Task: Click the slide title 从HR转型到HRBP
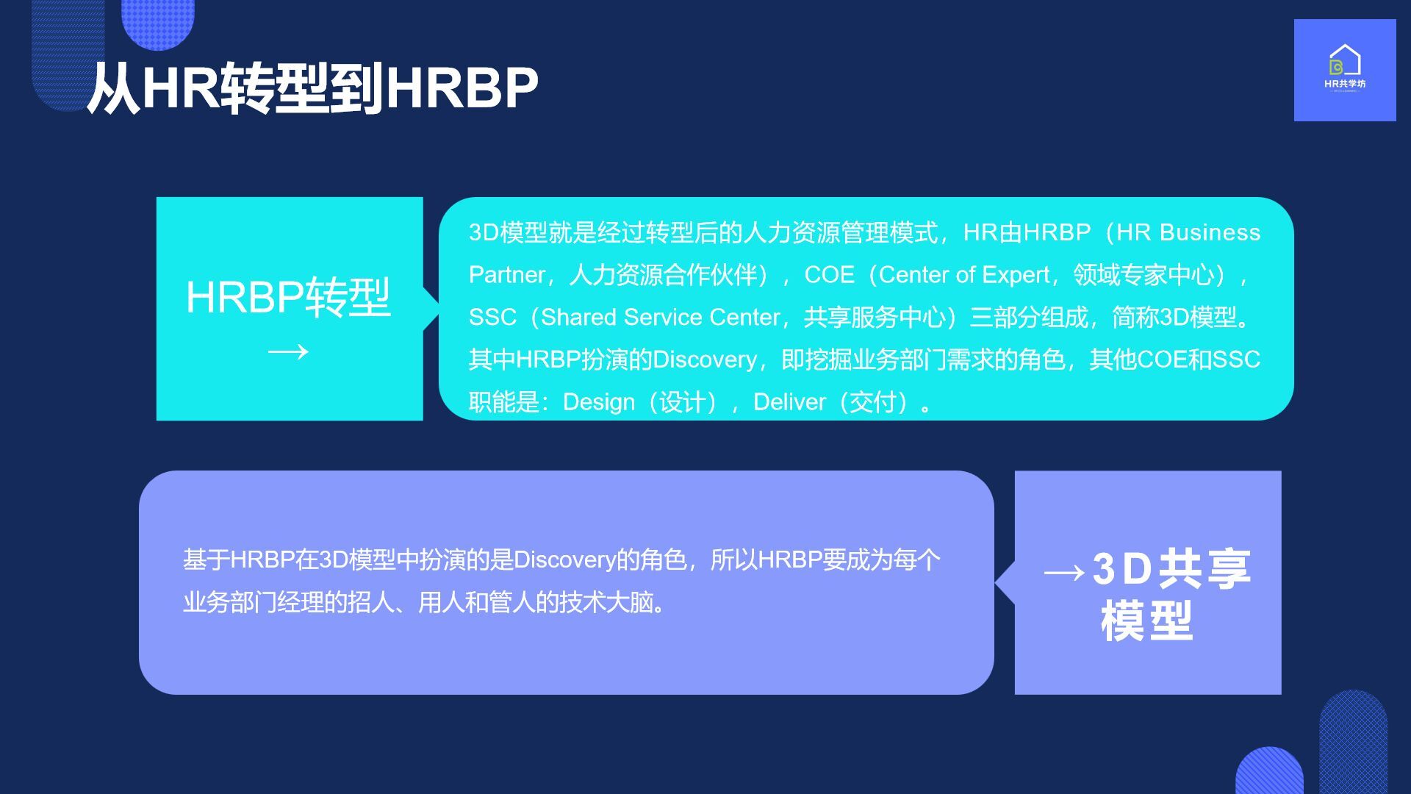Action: tap(312, 88)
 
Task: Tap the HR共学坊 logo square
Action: tap(1345, 70)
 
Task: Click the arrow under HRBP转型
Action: tap(288, 352)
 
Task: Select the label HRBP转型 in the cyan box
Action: tap(288, 297)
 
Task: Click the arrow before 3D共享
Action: tap(1064, 572)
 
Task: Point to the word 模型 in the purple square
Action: tap(1147, 621)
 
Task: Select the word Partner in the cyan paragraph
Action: tap(507, 275)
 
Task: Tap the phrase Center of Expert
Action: tap(964, 275)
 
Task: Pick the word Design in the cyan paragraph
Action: tap(599, 402)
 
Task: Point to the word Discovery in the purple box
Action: tap(564, 560)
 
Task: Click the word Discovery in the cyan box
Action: tap(705, 360)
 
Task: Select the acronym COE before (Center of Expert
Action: tap(830, 275)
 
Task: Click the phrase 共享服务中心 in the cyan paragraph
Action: tap(875, 317)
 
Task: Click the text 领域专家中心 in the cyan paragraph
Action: tap(1143, 275)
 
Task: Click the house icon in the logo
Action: tap(1345, 60)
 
